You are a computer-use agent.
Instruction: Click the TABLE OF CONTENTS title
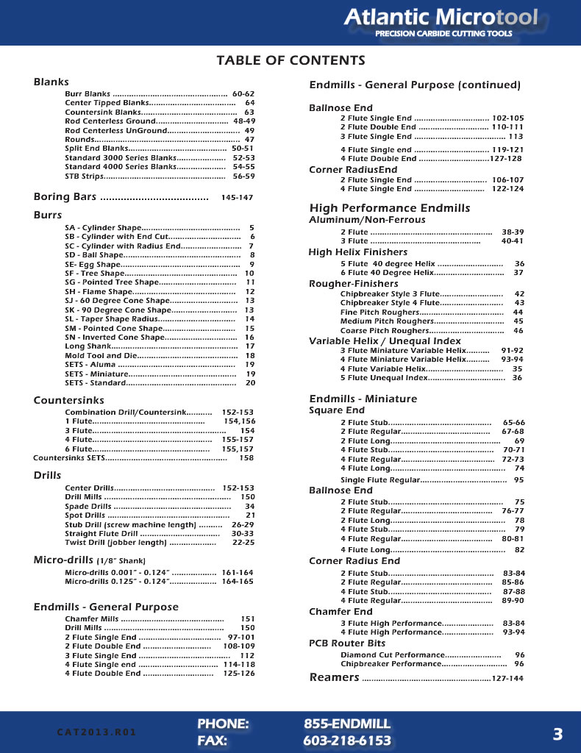pos(290,60)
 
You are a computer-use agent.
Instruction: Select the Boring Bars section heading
pos(65,197)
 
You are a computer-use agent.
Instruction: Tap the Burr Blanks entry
pos(88,94)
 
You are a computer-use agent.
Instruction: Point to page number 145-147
pos(237,198)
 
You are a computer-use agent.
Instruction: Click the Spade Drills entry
pos(88,507)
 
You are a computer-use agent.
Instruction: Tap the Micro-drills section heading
pos(63,560)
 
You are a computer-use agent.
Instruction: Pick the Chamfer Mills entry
pos(92,619)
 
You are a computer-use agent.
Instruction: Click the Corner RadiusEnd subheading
pos(353,170)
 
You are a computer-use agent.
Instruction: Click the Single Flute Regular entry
pos(380,479)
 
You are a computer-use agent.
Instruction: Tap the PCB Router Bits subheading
pos(347,643)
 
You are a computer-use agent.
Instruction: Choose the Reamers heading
pos(335,677)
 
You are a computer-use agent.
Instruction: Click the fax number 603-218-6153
pos(347,740)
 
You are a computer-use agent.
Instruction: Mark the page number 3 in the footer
pos(557,733)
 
